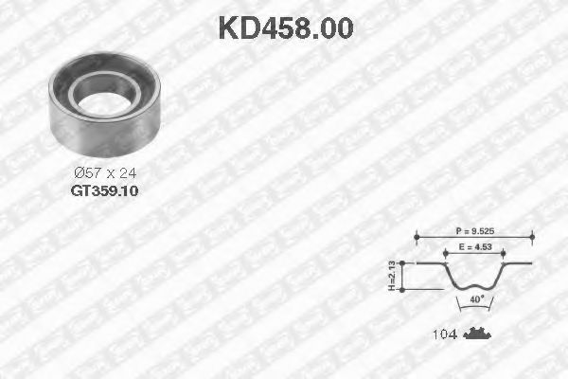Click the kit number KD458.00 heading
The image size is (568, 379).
285,27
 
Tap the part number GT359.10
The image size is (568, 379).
103,189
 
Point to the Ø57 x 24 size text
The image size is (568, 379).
104,173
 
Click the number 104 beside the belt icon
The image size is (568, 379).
445,334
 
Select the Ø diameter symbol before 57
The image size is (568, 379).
79,173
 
